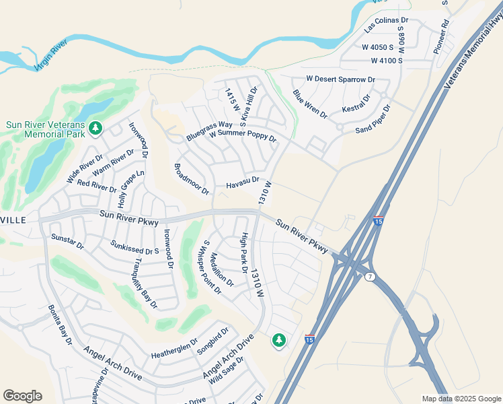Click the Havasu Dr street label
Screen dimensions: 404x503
243,182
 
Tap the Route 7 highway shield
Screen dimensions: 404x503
370,277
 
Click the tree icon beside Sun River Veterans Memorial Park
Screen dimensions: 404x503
95,127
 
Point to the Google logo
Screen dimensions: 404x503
22,396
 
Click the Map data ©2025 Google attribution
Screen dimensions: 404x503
461,399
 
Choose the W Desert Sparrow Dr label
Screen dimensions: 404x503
340,79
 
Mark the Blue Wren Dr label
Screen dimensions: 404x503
310,104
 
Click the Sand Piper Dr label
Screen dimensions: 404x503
373,119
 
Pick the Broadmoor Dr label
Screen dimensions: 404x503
192,179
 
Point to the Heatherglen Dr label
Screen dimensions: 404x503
174,350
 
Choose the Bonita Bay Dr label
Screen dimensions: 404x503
60,325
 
